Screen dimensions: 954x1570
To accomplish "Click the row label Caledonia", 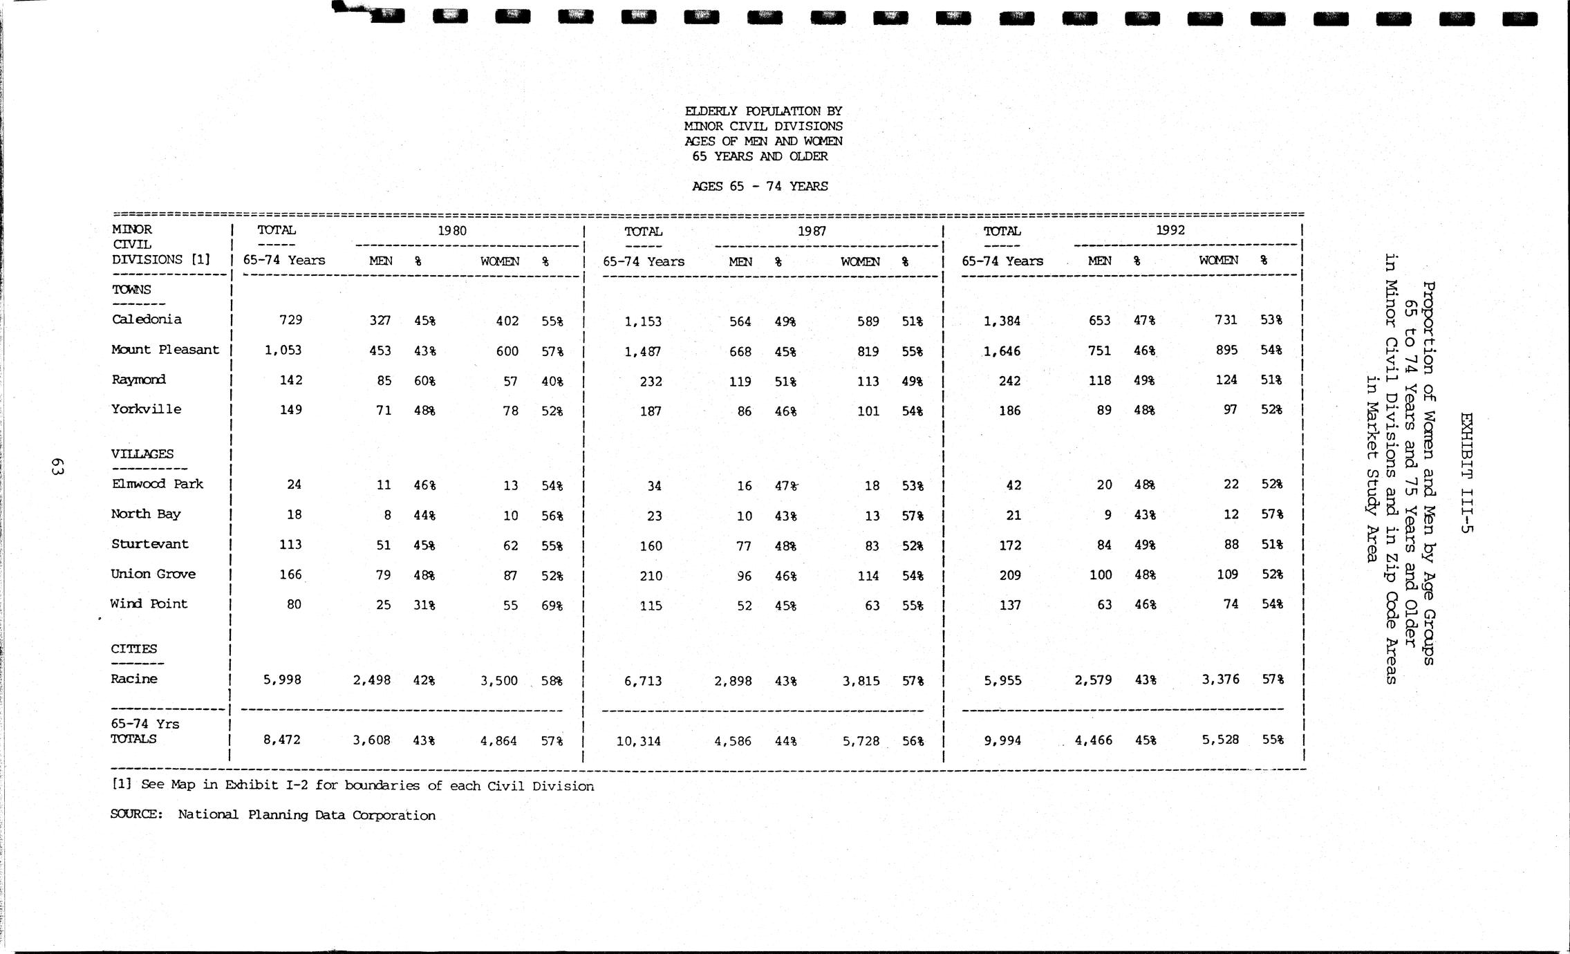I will (147, 319).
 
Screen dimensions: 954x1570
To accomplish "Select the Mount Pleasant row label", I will (165, 350).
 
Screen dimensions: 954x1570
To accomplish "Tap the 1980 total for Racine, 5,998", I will (282, 680).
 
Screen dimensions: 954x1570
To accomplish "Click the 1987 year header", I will (812, 232).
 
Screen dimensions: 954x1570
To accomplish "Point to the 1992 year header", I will (1170, 230).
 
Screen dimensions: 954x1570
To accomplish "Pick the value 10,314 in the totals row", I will (638, 742).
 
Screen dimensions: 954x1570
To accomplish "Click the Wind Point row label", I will (149, 604).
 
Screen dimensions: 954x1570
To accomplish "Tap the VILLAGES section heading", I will (142, 454).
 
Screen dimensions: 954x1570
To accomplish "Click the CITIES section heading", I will (134, 649).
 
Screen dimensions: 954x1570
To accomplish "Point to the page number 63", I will (57, 467).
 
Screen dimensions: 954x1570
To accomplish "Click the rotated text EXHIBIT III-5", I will (1467, 473).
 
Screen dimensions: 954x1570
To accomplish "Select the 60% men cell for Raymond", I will (424, 381).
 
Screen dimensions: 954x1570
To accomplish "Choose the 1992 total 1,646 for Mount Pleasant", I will (1002, 351).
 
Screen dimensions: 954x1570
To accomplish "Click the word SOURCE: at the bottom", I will (136, 814).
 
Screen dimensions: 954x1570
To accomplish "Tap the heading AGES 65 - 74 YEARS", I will (760, 186).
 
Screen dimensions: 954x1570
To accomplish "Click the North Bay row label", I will (146, 514).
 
